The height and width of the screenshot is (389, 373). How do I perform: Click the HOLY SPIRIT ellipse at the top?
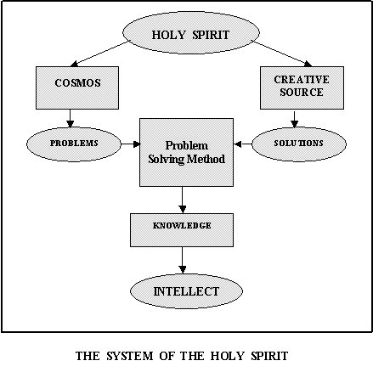pos(191,32)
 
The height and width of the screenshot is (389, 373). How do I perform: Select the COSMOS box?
pos(77,87)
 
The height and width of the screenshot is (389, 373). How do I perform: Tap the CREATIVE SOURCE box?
pos(302,87)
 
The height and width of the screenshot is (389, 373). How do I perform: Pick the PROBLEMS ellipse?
pos(74,144)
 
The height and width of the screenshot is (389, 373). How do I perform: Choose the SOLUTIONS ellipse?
pos(299,144)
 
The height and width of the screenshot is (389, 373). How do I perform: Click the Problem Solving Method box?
pos(187,152)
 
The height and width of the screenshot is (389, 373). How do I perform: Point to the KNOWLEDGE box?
pos(182,230)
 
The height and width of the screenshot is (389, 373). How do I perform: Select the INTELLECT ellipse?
pos(186,291)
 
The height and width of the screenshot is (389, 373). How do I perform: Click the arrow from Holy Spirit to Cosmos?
pos(99,54)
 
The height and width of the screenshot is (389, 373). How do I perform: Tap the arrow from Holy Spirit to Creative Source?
pos(283,54)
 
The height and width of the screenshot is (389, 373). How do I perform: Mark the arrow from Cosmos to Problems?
pos(71,119)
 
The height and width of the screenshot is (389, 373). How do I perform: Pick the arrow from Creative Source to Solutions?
pos(295,119)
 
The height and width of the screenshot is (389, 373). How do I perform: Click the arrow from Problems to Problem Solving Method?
pos(131,144)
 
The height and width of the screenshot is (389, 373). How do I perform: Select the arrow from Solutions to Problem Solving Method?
pos(243,144)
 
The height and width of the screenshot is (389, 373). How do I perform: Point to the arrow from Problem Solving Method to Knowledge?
pos(183,200)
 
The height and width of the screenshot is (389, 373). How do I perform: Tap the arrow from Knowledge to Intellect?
pos(183,260)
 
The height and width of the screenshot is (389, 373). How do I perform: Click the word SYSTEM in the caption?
pos(130,356)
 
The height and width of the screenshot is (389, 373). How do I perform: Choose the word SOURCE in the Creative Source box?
pos(302,93)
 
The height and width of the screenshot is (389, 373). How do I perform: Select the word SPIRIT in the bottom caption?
pos(269,356)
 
